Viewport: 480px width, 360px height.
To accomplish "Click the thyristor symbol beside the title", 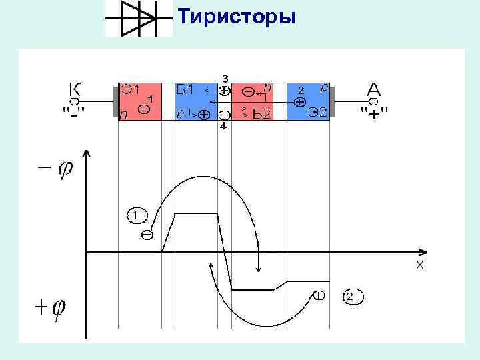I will [139, 18].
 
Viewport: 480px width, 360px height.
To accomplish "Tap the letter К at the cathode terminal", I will [76, 89].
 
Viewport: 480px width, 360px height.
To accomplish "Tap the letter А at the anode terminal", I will [374, 88].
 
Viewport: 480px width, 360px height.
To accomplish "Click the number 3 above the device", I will [225, 77].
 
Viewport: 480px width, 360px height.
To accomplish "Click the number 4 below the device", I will [223, 126].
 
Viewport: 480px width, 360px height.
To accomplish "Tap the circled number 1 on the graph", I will [135, 215].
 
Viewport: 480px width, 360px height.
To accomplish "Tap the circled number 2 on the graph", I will [353, 296].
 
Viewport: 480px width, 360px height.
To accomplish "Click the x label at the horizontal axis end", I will [420, 265].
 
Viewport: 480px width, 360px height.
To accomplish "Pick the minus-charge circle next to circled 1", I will [146, 234].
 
